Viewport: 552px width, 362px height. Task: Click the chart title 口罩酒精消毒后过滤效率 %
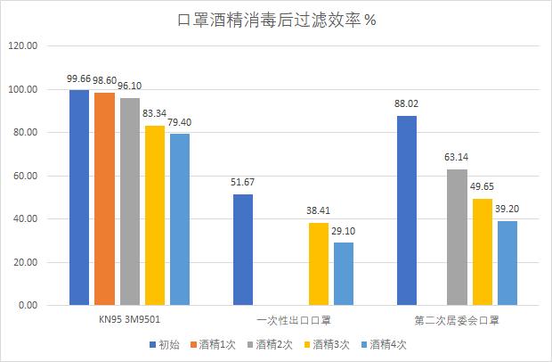click(275, 20)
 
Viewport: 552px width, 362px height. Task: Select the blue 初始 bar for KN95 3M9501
click(79, 198)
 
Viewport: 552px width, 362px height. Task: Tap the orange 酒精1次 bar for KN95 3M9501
click(104, 199)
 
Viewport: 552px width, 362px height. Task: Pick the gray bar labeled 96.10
click(130, 202)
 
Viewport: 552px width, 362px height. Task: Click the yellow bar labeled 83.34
click(155, 216)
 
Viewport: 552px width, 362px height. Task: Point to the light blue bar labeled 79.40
click(180, 219)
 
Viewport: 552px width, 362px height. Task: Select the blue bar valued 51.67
click(243, 250)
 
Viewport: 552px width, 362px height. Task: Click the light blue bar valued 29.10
click(344, 274)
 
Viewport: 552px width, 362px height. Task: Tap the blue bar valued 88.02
click(406, 210)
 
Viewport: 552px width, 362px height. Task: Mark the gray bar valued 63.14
click(457, 237)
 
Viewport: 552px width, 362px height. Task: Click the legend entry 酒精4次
click(386, 344)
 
